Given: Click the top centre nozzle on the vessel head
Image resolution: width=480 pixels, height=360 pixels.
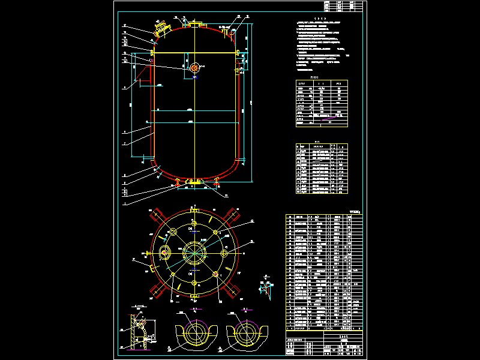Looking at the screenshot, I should click(196, 24).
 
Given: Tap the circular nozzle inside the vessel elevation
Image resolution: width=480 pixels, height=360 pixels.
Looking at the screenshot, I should click(195, 68).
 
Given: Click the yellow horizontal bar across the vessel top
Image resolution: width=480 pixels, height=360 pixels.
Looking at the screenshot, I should click(196, 53).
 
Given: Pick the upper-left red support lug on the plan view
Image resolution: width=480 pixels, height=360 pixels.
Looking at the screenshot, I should click(160, 215).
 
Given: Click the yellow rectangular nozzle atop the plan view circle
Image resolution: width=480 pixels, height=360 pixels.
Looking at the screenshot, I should click(194, 211).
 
